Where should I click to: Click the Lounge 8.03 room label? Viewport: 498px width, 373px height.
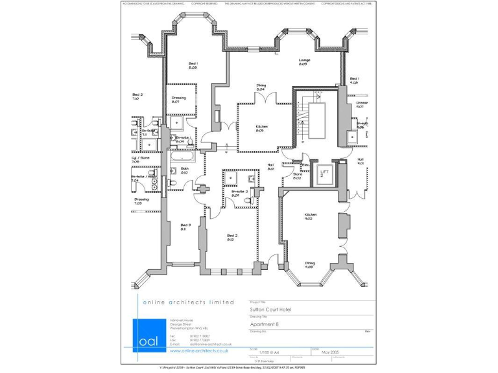pos(303,62)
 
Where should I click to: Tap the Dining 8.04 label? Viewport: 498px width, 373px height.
pos(261,87)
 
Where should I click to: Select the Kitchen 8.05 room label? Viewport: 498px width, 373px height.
pos(261,128)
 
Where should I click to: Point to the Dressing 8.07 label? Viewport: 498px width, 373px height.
pos(178,100)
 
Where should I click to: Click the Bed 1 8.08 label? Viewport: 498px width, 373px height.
pos(193,65)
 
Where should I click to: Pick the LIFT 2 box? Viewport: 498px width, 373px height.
pos(324,173)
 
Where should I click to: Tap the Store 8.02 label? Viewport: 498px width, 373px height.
pos(298,175)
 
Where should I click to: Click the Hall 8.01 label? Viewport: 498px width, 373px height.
pos(270,166)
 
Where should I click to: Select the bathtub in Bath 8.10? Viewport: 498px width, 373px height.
pos(185,156)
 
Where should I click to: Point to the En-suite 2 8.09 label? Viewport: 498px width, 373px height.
pos(239,193)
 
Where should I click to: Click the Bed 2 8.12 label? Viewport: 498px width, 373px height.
pos(231,237)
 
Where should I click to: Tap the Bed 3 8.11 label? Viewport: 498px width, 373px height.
pos(185,227)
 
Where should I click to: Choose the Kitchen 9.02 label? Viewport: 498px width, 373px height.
pos(310,216)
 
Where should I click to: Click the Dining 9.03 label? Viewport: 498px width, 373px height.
pos(310,264)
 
